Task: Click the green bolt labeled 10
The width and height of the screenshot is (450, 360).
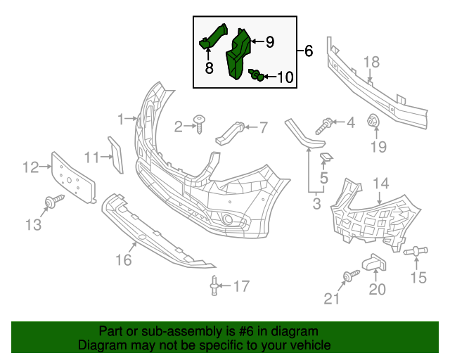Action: coord(257,75)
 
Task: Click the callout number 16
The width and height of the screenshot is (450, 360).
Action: coord(124,260)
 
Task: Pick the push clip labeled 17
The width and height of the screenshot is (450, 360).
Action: coord(213,285)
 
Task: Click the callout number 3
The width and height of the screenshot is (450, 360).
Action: coord(316,204)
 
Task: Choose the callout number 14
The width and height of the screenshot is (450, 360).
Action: coord(380,184)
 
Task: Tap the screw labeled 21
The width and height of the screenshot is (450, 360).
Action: coord(348,276)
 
